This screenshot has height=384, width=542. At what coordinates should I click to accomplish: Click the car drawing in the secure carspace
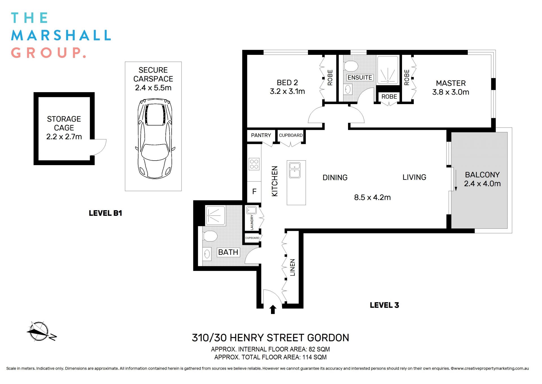click(x=155, y=139)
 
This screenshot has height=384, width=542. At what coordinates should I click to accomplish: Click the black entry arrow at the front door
click(x=273, y=310)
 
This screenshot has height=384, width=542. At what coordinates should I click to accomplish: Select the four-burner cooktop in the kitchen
click(x=254, y=164)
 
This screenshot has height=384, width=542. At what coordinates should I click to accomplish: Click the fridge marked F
click(x=254, y=192)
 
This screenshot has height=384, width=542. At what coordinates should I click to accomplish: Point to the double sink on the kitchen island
click(x=294, y=170)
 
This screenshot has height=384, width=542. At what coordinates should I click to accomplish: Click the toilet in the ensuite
click(x=351, y=66)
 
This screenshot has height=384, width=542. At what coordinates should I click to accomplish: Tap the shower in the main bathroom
click(x=215, y=215)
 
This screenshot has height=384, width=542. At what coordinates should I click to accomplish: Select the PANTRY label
click(x=261, y=135)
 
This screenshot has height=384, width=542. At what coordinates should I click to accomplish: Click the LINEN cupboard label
click(x=292, y=267)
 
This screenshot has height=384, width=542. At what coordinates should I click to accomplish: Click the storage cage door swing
click(x=99, y=147)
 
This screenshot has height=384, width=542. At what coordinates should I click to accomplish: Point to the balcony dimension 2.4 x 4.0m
click(x=482, y=184)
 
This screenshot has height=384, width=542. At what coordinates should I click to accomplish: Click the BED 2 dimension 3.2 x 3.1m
click(x=287, y=91)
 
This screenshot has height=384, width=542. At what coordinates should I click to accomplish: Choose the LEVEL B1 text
click(x=105, y=213)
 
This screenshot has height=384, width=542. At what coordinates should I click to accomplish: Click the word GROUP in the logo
click(x=48, y=53)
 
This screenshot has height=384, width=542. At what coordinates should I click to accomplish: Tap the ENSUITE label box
click(x=359, y=77)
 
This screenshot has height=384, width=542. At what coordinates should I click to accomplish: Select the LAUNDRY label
click(x=252, y=222)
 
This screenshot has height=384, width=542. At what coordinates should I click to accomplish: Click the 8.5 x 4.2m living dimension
click(x=372, y=197)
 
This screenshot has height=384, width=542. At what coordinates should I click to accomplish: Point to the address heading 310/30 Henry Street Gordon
click(x=270, y=338)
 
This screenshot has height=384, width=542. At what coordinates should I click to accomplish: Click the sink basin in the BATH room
click(x=207, y=253)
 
